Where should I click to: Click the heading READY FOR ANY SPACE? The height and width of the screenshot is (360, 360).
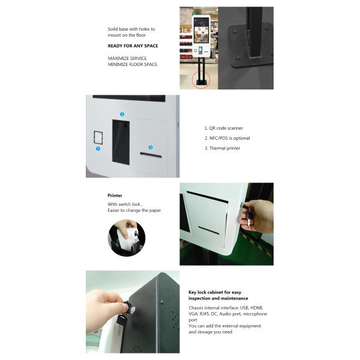coord(133,46)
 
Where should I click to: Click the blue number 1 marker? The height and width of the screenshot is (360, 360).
coord(98,149)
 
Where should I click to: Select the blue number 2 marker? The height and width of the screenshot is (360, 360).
coord(122,115)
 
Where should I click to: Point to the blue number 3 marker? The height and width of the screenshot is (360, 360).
coord(151,148)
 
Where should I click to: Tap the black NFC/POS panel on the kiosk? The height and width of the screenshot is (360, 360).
coord(121,142)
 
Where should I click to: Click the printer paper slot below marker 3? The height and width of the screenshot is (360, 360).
coord(151,155)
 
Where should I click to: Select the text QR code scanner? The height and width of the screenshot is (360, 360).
coord(226,128)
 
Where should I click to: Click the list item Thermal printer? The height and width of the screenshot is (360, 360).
coord(224,148)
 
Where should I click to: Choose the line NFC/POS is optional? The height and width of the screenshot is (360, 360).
coord(230,138)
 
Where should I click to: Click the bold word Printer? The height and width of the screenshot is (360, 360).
coord(115,196)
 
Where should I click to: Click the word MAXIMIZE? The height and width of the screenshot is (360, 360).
coord(117,59)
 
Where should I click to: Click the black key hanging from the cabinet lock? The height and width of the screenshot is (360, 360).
coord(121,320)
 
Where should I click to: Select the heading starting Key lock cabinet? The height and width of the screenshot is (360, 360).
coord(218,295)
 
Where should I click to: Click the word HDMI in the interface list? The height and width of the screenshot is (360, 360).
coord(256,308)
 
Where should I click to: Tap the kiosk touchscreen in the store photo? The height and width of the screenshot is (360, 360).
coord(201,31)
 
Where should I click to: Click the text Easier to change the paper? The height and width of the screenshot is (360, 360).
coord(134,211)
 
